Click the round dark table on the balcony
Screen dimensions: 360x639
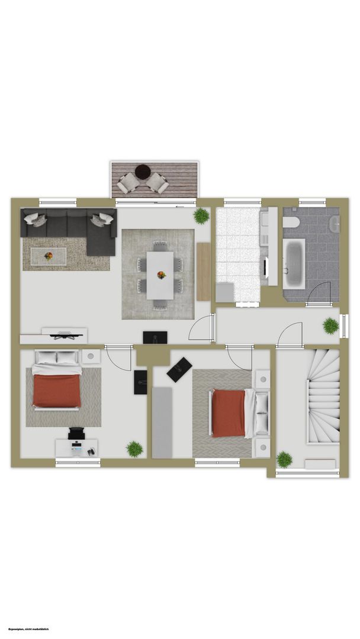(143, 171)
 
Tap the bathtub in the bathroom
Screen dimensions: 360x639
(294, 264)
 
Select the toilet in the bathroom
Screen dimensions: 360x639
(291, 222)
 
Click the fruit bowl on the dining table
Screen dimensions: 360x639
(162, 275)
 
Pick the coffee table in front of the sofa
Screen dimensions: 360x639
(49, 256)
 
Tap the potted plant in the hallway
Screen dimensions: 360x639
(330, 326)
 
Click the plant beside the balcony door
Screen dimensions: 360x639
(201, 216)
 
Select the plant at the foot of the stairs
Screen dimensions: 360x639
(284, 459)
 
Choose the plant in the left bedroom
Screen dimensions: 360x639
(134, 449)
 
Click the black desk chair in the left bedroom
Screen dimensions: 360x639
(76, 433)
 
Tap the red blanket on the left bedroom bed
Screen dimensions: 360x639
(57, 391)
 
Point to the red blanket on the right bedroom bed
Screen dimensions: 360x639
(229, 413)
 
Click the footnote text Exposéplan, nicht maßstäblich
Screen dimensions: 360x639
(28, 630)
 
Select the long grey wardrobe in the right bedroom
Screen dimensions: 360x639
(162, 422)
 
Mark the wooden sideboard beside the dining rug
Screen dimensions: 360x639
(204, 272)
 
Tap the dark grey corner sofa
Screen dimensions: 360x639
(69, 228)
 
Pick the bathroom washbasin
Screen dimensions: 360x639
(335, 224)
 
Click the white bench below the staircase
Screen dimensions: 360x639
(320, 464)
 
